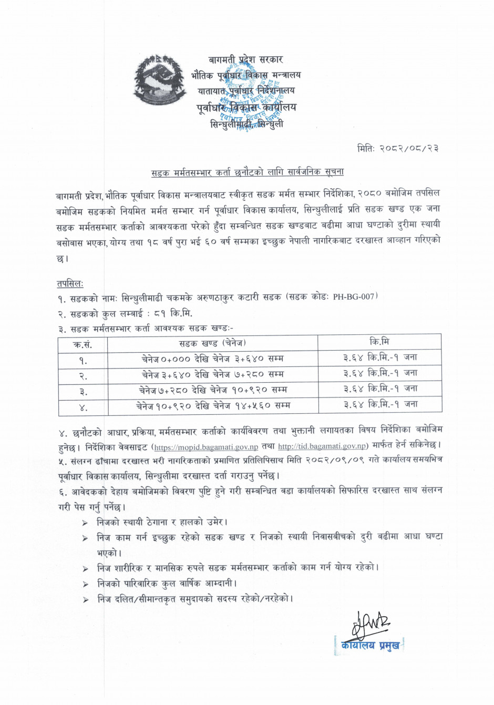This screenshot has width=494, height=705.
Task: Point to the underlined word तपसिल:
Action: (69, 284)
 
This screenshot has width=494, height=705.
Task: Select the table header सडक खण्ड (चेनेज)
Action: (212, 343)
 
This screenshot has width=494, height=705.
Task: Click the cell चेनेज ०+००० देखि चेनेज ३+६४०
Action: (212, 359)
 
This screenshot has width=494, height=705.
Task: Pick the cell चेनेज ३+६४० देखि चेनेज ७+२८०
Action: (212, 374)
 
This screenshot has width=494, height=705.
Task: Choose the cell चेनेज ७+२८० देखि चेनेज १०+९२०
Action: (212, 390)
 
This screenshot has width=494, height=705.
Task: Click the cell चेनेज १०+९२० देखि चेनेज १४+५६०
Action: (212, 406)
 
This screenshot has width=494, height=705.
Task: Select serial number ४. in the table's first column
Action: (83, 407)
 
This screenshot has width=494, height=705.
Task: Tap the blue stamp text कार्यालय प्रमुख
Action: (370, 645)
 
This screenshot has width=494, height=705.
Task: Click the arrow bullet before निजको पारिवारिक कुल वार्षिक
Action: (85, 584)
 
